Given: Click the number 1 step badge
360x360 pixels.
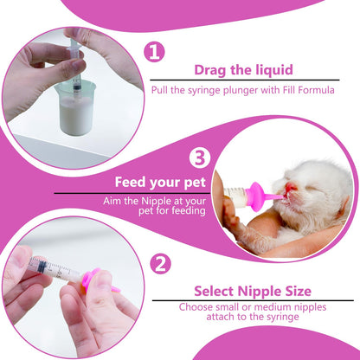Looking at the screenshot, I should click(154, 53).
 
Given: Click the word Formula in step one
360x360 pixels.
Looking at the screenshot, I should click(316, 87).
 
